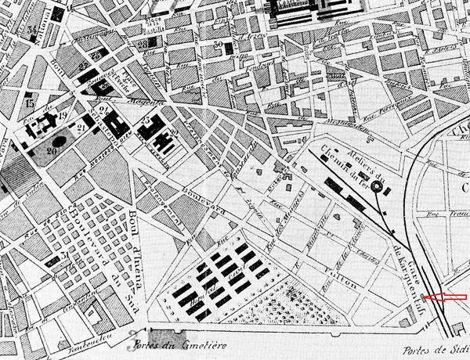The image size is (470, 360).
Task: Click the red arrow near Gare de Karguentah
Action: pos(444,297)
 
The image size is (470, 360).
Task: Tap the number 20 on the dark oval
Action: pos(54,149)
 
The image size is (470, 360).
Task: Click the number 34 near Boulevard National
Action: pos(32,31)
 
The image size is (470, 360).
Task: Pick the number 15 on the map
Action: pos(30,101)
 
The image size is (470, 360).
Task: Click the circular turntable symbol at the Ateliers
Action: pos(378,187)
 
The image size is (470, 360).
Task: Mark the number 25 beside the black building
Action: pos(146,120)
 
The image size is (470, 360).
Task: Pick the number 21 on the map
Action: pos(81,128)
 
